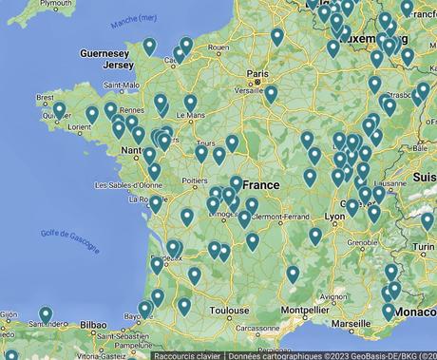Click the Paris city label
click(x=256, y=73)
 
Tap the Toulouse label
click(x=229, y=310)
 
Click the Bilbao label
click(x=93, y=324)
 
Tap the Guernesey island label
click(x=105, y=53)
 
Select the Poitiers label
click(x=194, y=179)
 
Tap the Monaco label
click(x=417, y=312)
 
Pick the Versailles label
click(x=250, y=91)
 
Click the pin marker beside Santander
click(x=46, y=314)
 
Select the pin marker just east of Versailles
click(x=271, y=93)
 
